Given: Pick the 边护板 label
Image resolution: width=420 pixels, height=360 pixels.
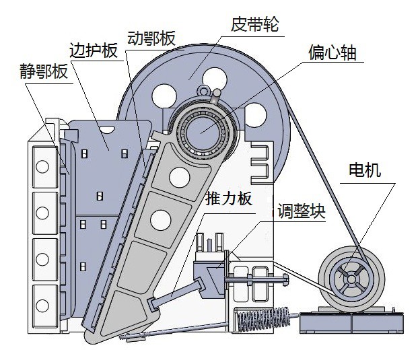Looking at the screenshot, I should point(94,51).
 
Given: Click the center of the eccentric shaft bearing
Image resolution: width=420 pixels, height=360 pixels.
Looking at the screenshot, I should point(202,129).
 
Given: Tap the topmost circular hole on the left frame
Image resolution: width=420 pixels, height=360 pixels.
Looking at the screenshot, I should point(42,166).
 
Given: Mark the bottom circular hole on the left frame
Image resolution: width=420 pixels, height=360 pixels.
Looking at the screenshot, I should point(42,297).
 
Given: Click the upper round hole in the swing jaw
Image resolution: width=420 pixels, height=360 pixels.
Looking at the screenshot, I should point(180,176).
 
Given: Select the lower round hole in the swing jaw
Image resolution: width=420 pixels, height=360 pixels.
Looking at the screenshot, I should point(160,218).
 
